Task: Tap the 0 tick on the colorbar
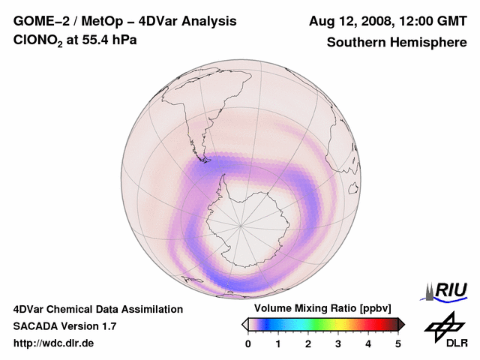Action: tap(248, 343)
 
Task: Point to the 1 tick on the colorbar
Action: tap(278, 343)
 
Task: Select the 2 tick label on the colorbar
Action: tap(308, 343)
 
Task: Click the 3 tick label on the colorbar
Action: tap(338, 343)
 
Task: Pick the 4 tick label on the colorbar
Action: tap(368, 343)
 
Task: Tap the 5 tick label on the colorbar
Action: tap(398, 343)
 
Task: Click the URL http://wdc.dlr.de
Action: tap(54, 343)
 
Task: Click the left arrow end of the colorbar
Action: tap(244, 324)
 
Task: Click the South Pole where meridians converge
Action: tap(241, 224)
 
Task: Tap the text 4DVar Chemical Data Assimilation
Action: tap(97, 309)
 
